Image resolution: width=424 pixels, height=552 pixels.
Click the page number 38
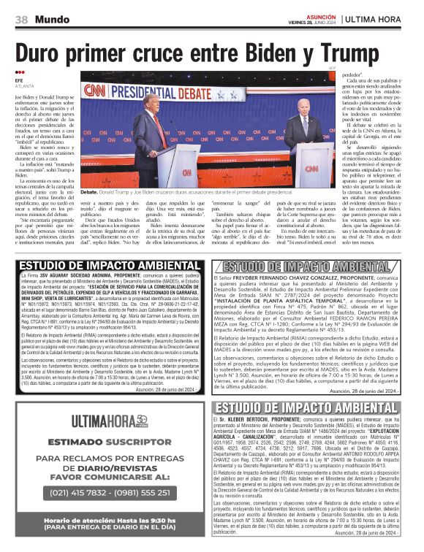(x=21, y=18)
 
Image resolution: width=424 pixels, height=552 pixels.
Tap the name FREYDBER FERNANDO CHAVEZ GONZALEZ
(x=302, y=279)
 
